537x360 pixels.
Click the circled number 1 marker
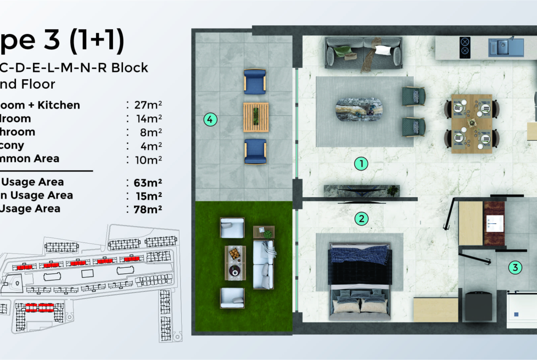[x=362, y=163]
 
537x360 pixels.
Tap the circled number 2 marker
[x=362, y=219]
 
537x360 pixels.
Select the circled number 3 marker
[x=515, y=268]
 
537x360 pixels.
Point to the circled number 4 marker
[x=210, y=120]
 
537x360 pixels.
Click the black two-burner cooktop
[x=465, y=47]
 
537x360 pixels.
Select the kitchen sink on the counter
[x=505, y=47]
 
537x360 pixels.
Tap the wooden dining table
[x=471, y=123]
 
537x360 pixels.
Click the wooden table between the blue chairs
[x=256, y=117]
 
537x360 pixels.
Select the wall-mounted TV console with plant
[x=362, y=191]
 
